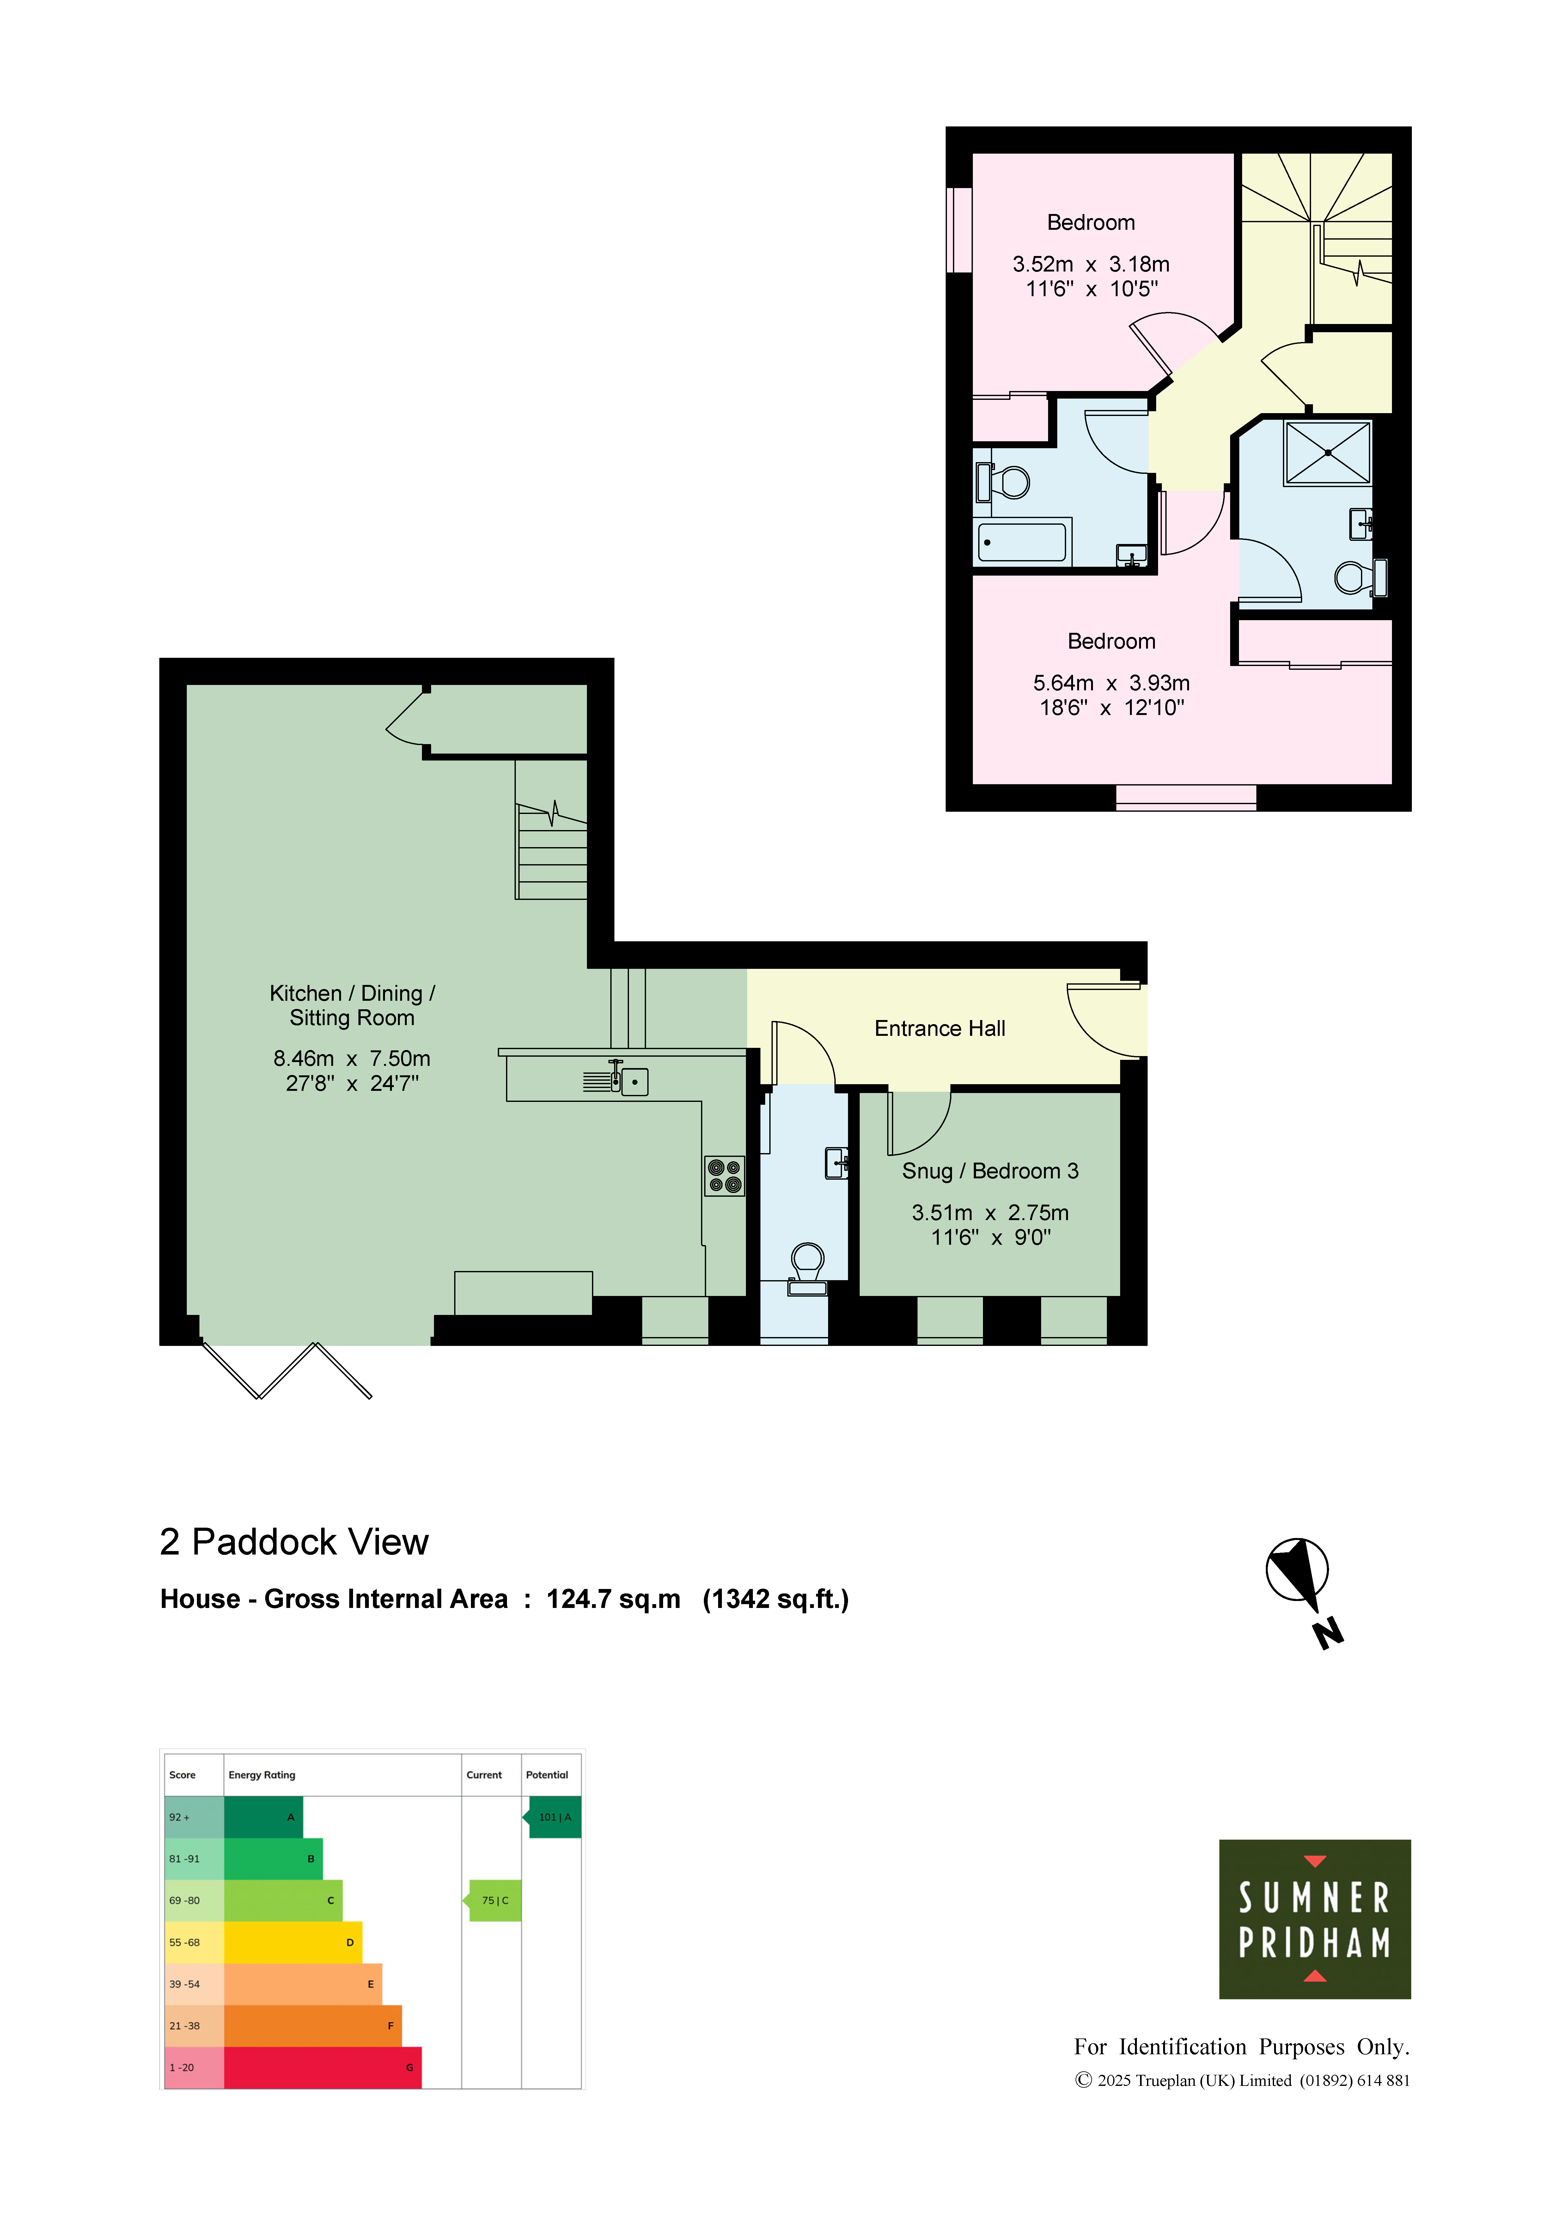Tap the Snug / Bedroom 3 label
[x=990, y=1171]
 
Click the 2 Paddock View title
[x=294, y=1542]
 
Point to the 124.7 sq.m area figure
[x=613, y=1599]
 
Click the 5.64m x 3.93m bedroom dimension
[x=1111, y=683]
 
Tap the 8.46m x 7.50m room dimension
[x=352, y=1059]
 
